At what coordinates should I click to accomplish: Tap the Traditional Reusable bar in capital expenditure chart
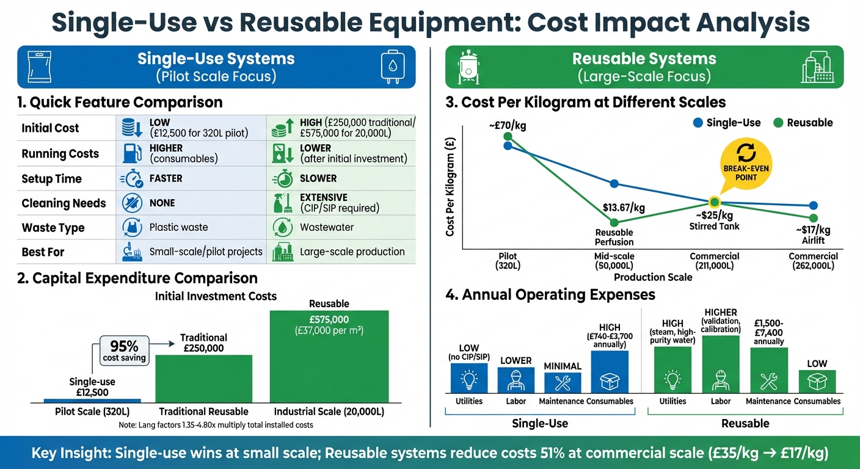point(203,379)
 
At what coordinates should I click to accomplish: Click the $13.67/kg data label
point(624,208)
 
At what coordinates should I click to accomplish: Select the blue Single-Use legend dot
point(698,123)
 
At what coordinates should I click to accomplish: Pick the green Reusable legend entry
point(803,123)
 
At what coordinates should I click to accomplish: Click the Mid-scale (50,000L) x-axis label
point(614,261)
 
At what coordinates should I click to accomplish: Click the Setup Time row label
point(51,179)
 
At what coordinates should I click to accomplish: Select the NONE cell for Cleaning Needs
point(162,203)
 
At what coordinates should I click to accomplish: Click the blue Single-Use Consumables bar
point(610,371)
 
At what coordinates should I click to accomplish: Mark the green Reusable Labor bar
point(721,364)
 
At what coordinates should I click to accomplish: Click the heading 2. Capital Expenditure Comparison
point(137,278)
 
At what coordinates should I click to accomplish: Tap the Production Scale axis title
point(653,277)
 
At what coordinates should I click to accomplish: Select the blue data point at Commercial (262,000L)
point(813,206)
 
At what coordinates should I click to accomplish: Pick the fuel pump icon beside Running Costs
point(129,153)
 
